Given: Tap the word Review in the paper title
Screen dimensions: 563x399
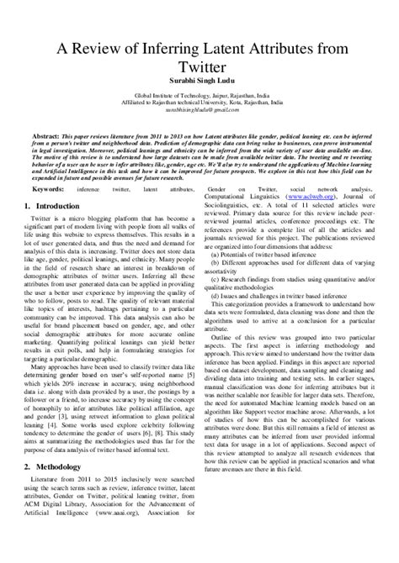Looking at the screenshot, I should [98, 52].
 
